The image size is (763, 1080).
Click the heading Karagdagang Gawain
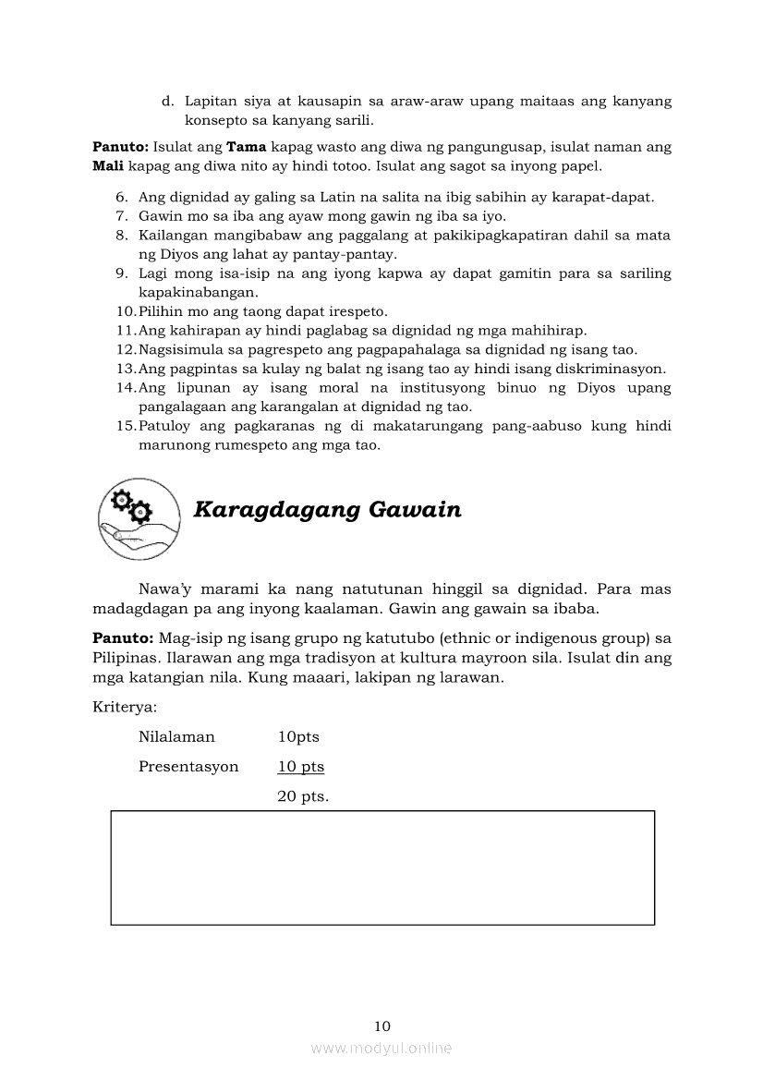click(327, 510)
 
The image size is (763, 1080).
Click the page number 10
click(382, 1025)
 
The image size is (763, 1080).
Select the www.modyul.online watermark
click(381, 1048)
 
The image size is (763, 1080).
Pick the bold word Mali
click(108, 166)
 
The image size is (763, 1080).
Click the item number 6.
click(122, 197)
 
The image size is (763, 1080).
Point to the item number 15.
click(127, 426)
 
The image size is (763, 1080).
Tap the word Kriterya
click(122, 707)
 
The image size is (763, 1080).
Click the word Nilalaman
click(176, 737)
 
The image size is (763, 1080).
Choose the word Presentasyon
click(188, 767)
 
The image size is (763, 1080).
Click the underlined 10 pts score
click(301, 767)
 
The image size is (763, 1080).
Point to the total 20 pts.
click(303, 796)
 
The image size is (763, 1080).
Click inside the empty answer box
click(382, 868)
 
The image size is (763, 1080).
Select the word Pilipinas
click(126, 658)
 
